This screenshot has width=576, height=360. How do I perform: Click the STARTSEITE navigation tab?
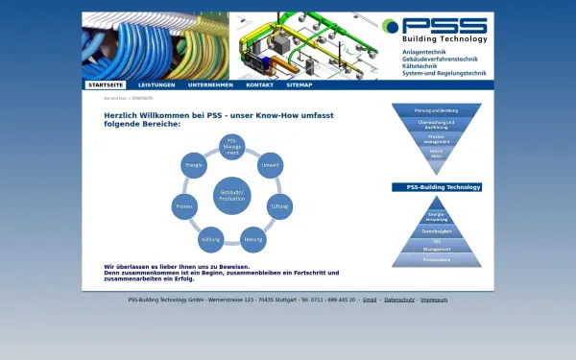105,84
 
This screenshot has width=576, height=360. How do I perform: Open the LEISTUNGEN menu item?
156,84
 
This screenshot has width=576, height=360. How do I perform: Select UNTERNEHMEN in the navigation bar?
210,84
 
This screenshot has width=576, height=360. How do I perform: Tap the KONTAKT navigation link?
259,84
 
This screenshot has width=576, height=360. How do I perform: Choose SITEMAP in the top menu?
299,84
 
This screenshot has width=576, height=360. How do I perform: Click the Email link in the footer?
370,300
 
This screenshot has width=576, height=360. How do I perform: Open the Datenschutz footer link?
399,300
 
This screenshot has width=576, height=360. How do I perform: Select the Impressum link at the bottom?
434,300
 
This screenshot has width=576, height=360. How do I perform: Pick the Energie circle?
193,164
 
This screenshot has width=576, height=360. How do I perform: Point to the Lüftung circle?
279,205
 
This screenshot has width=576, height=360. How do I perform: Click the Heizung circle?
253,238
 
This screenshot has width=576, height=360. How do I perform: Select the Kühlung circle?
211,238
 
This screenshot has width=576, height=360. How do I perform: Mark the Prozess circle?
184,205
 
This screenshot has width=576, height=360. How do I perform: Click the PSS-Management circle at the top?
231,146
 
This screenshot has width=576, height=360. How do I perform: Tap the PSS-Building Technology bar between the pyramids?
437,187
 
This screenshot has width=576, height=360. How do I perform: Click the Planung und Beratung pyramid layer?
437,110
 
